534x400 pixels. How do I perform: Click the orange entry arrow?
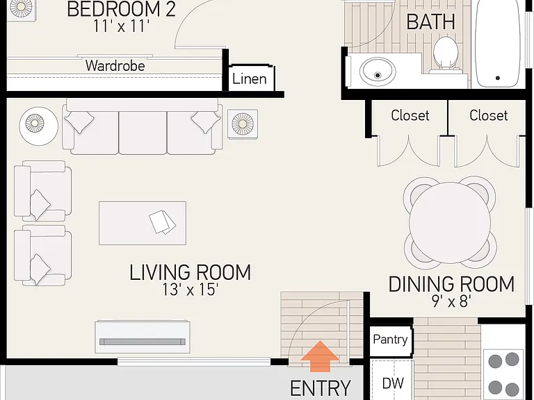coord(320,356)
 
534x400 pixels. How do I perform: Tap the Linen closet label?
coord(250,79)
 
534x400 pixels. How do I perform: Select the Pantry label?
coord(390,339)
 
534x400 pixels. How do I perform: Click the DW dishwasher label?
coord(393,383)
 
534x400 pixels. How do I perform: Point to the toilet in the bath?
coord(445,55)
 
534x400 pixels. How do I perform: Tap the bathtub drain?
coord(498,78)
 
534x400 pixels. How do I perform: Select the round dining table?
coord(450,222)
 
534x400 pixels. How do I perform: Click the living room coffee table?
coord(143,223)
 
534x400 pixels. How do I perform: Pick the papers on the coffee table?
coord(162,222)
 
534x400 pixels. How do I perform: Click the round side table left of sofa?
coord(38,126)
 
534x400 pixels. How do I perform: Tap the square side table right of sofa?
coord(243,124)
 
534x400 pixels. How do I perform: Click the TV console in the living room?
coord(143,337)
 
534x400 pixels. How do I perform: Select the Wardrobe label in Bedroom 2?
coord(115,66)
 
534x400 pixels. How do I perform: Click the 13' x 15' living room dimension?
coord(190,290)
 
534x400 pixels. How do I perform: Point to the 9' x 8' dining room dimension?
coord(451,301)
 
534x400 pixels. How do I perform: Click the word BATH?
coord(431,22)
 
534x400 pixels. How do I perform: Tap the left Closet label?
coord(410,115)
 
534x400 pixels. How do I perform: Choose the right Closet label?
coord(488,115)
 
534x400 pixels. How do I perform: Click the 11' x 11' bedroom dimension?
coord(121,26)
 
